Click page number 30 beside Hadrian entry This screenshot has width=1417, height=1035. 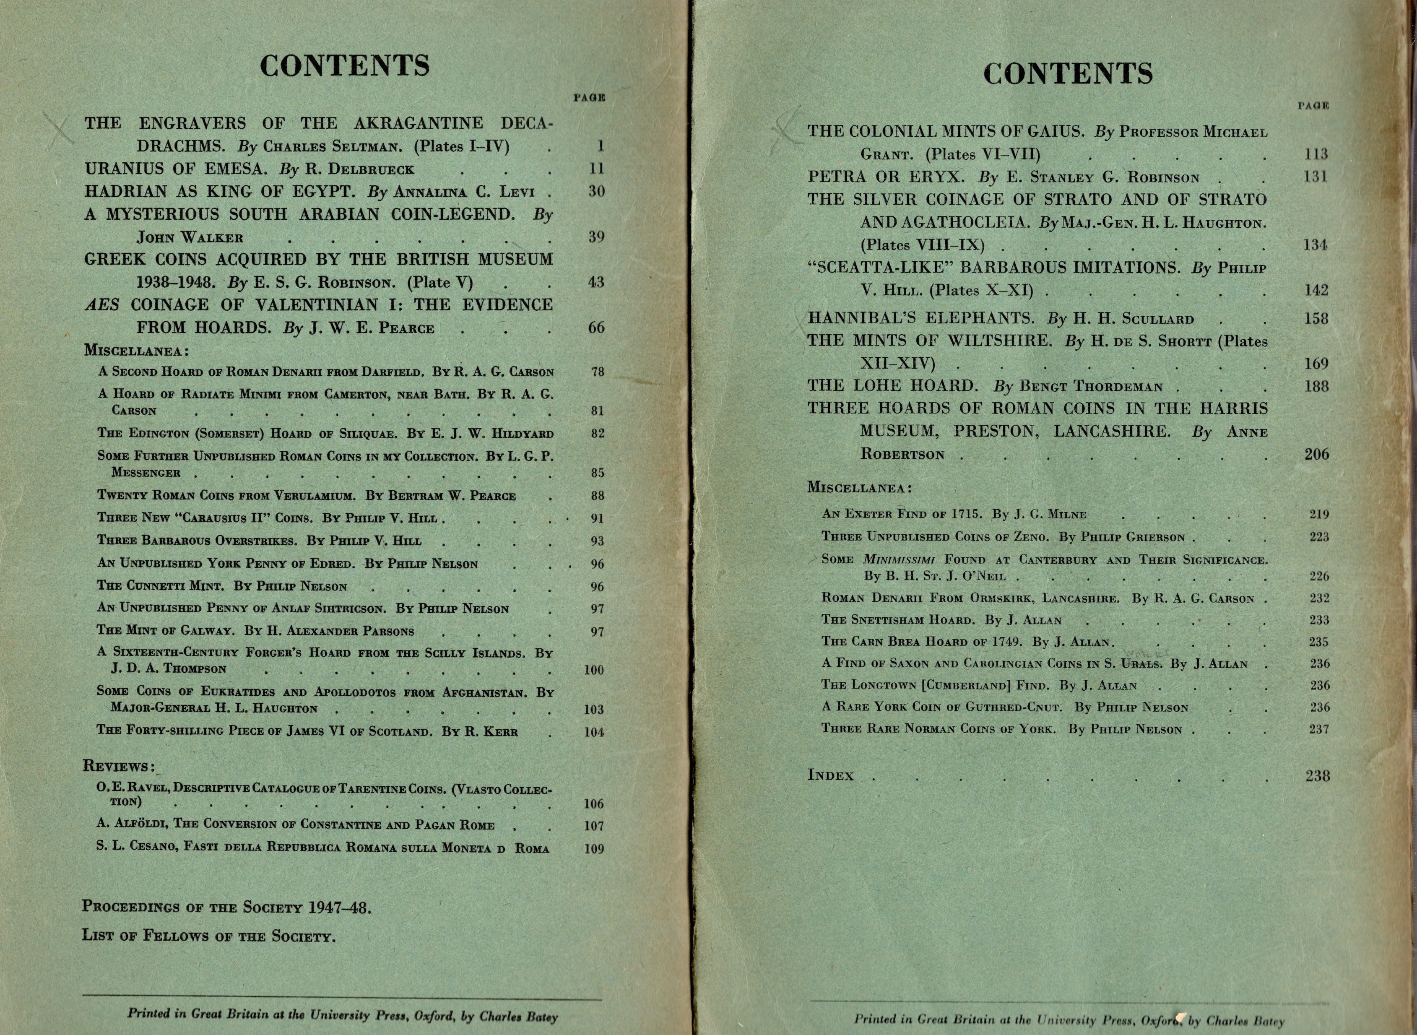tap(596, 192)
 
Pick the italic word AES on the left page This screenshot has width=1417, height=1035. tap(101, 305)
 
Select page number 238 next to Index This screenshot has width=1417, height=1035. tap(1317, 776)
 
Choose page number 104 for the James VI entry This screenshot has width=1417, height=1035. tap(594, 732)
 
